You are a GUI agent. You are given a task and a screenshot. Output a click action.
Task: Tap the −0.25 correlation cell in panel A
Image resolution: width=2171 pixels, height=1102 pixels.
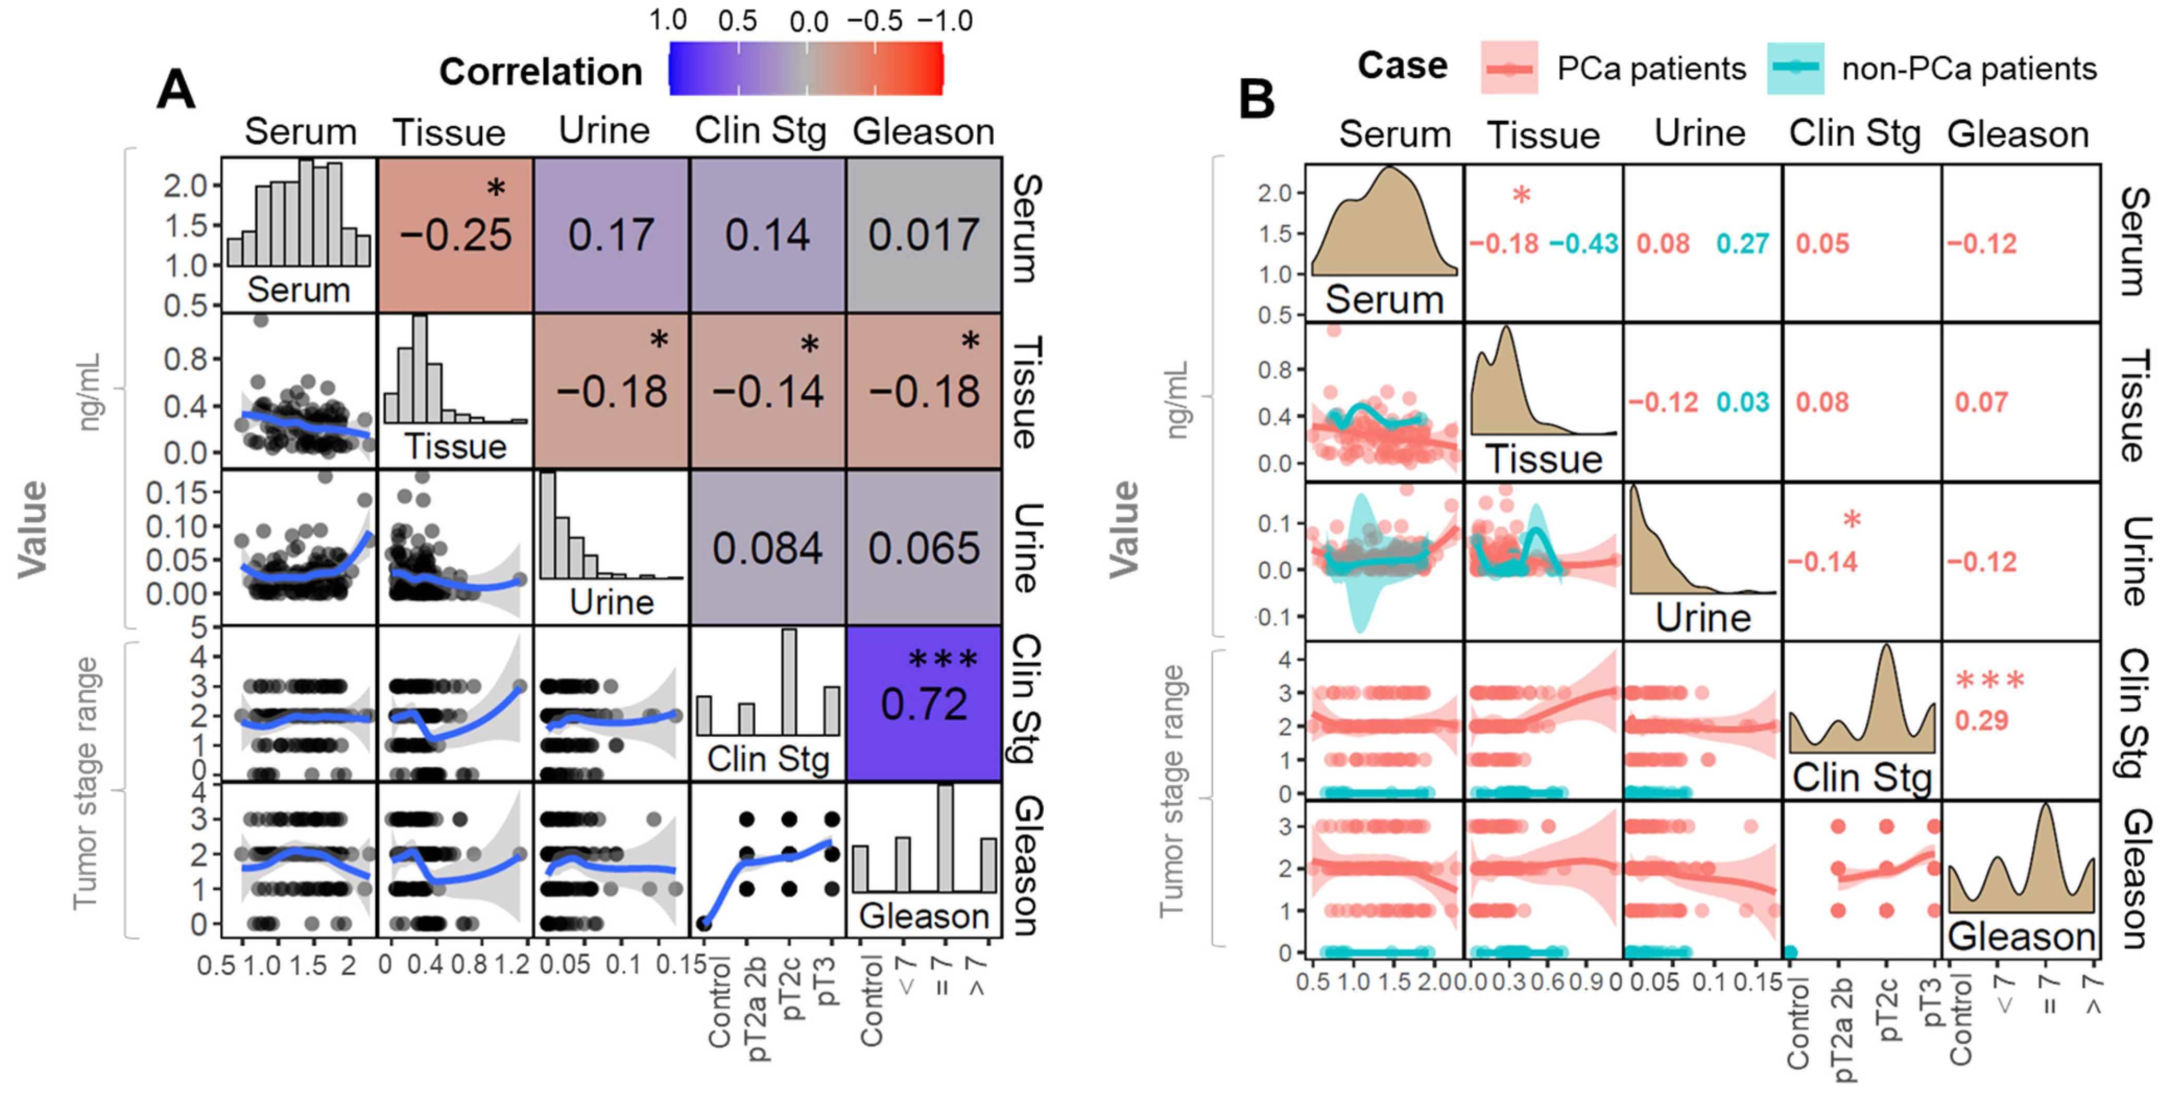455,234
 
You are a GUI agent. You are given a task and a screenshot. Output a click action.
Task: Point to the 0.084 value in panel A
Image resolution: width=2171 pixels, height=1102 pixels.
767,549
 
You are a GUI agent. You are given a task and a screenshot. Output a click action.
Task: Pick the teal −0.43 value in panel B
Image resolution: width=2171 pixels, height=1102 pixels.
1583,244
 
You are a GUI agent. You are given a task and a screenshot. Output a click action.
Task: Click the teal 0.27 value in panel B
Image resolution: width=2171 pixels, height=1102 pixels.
1742,244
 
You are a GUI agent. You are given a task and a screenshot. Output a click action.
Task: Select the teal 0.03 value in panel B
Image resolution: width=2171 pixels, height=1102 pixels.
1742,403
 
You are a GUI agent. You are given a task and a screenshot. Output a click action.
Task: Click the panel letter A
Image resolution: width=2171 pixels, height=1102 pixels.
176,89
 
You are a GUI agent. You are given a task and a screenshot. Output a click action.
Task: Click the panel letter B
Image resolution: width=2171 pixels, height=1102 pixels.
1256,100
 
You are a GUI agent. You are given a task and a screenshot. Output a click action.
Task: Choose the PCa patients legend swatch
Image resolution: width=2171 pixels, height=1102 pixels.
1509,68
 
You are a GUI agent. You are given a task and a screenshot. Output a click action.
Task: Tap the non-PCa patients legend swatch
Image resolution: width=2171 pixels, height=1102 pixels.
1795,68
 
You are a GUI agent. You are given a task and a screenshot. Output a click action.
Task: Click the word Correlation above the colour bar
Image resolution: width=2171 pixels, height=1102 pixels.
540,71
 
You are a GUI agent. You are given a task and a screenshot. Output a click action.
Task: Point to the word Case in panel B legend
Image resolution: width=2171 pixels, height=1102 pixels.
1402,66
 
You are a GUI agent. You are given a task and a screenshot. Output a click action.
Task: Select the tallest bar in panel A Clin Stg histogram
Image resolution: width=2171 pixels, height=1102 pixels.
789,683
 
